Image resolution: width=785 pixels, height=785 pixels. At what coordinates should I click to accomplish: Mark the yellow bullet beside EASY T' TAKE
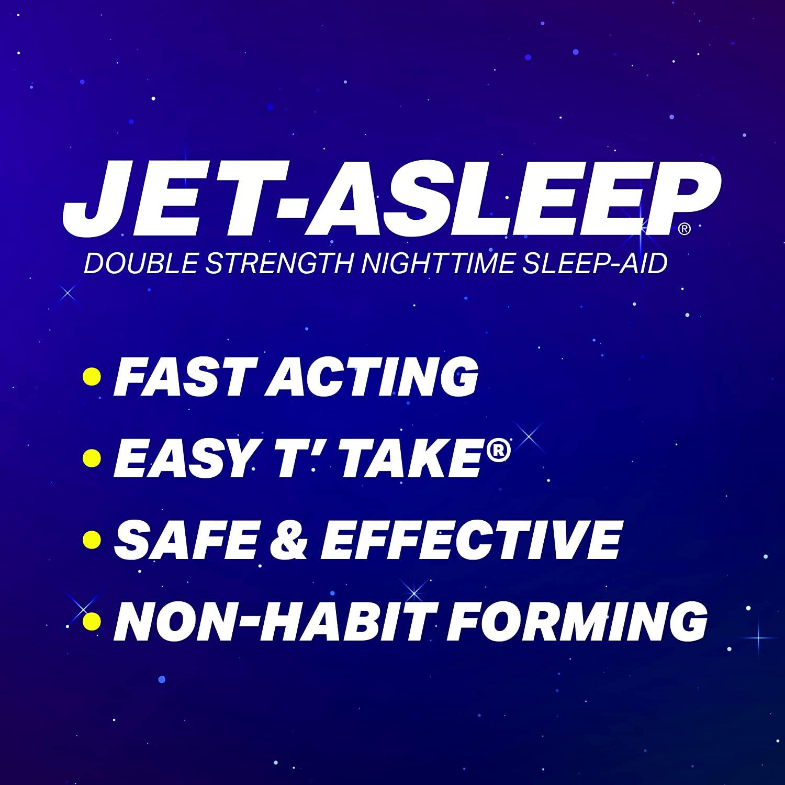(92, 457)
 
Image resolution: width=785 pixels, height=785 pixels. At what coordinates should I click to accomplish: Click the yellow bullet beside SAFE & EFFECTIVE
(92, 539)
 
